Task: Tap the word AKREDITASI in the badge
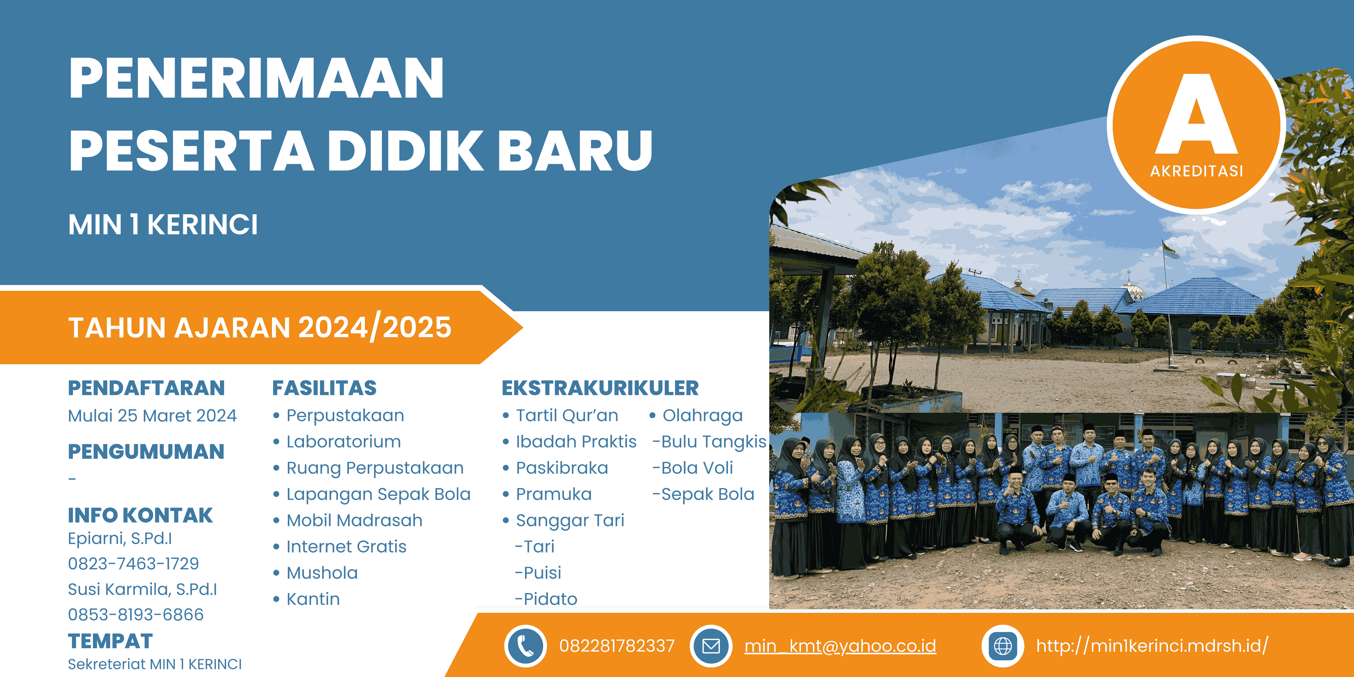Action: (x=1197, y=171)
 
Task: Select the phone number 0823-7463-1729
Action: (x=133, y=563)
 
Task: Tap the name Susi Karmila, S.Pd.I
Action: (x=143, y=589)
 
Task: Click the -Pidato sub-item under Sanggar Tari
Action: (x=546, y=599)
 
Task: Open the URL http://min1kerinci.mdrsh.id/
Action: (x=1152, y=645)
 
